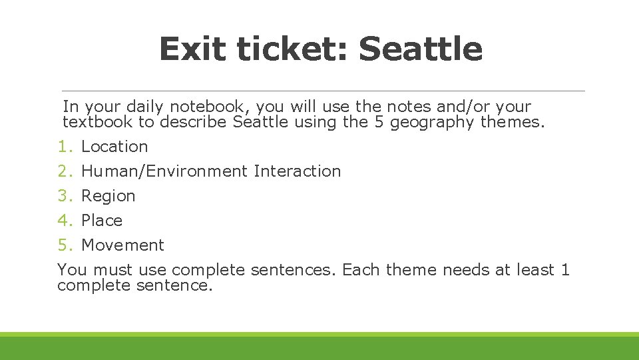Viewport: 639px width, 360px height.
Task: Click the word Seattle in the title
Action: coord(420,49)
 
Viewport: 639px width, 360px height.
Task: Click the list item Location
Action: coord(114,147)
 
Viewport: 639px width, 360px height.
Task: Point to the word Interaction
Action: coord(297,171)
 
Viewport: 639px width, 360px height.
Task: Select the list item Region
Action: coord(108,196)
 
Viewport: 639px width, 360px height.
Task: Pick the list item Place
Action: coord(102,221)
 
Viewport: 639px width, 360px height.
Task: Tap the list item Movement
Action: coord(122,245)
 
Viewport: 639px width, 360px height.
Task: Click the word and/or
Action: coord(459,107)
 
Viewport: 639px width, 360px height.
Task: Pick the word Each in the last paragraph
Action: coord(363,270)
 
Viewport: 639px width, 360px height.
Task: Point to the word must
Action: coord(112,270)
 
